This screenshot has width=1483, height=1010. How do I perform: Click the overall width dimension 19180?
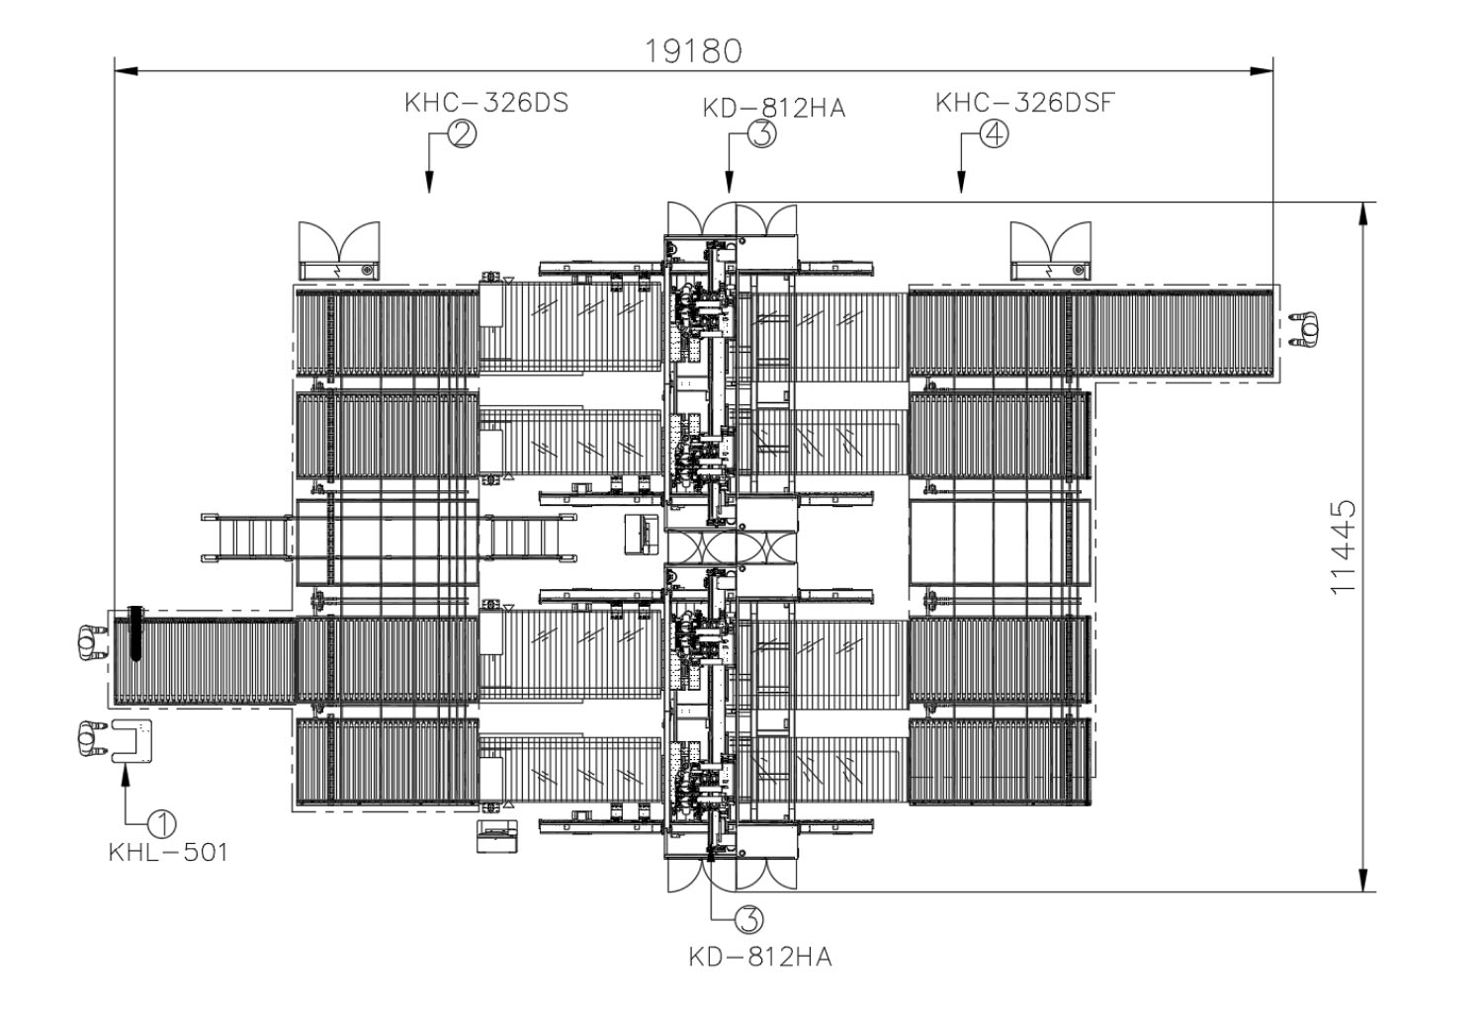click(693, 50)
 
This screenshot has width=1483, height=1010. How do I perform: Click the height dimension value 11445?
click(1342, 547)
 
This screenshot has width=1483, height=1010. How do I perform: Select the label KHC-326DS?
click(486, 104)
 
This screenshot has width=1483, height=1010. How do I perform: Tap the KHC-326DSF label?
click(1024, 103)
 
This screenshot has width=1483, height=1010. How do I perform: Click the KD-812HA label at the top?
click(774, 109)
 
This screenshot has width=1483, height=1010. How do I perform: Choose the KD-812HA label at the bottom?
click(760, 957)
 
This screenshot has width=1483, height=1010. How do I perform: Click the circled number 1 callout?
click(162, 822)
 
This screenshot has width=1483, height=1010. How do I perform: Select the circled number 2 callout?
click(462, 133)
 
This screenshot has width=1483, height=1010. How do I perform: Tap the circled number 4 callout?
click(994, 133)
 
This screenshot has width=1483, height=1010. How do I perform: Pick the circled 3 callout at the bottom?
click(748, 920)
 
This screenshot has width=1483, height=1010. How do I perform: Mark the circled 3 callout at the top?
click(762, 134)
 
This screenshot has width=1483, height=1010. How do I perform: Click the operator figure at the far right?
click(1309, 329)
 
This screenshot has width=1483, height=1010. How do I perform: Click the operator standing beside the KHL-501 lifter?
click(91, 739)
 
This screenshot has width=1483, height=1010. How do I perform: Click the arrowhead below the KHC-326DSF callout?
click(960, 183)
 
